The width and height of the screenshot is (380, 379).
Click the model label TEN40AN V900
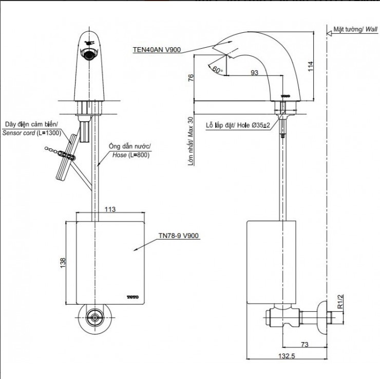tap(156, 50)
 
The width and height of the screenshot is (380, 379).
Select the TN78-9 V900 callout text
tap(178, 236)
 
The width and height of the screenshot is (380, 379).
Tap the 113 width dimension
tap(109, 209)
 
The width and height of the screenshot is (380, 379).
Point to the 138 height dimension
tap(63, 262)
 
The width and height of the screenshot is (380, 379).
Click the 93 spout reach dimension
tap(254, 72)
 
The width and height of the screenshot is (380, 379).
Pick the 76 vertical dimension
tap(191, 78)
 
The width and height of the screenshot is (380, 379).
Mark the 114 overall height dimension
tap(311, 67)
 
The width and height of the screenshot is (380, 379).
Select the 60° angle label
tap(217, 69)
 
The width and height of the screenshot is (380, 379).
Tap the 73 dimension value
tap(305, 345)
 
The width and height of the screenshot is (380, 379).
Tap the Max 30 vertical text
tap(191, 141)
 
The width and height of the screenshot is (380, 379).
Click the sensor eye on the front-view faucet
tap(89, 53)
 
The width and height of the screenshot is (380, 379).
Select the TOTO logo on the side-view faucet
tap(285, 95)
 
